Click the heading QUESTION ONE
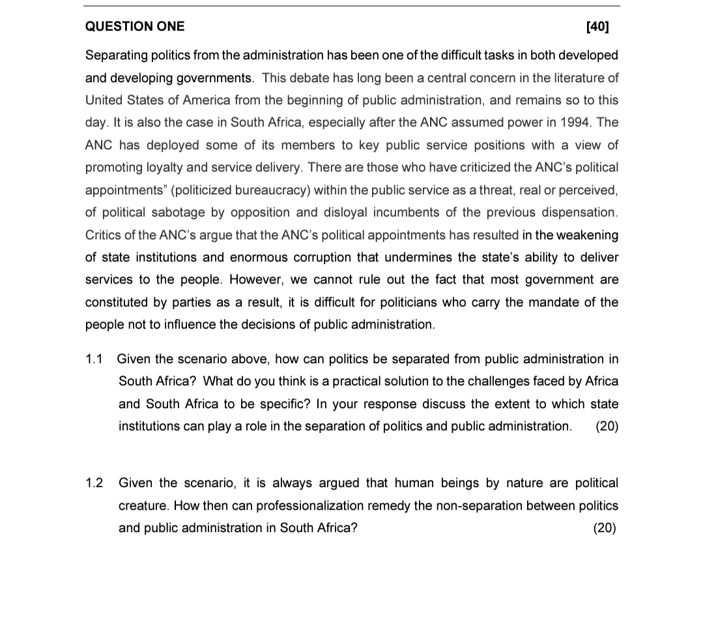(135, 27)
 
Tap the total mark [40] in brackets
(597, 27)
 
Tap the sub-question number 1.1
(94, 359)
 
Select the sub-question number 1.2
(94, 483)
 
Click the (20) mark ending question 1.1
(607, 426)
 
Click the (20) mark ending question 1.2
(605, 528)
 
